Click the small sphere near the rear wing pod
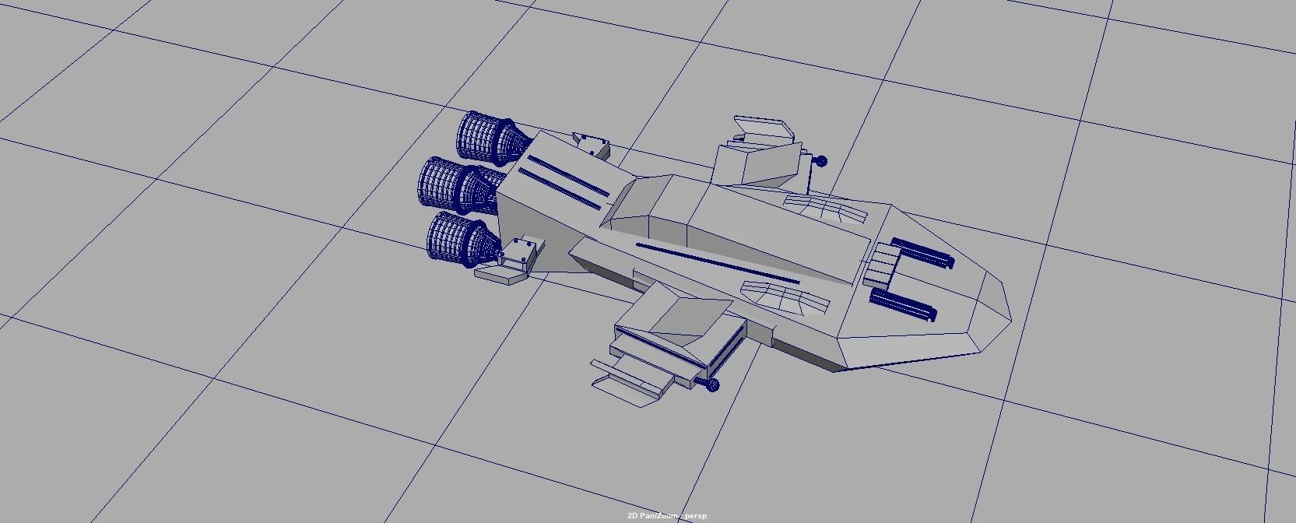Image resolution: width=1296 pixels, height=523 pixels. coord(820,161)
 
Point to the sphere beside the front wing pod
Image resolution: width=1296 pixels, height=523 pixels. coord(713,384)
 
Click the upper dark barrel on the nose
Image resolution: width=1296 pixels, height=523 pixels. coord(923,252)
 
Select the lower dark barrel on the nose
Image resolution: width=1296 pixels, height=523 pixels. coord(904,304)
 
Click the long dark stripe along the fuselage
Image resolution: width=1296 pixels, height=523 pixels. coord(716,263)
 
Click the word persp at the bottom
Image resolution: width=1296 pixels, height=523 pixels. coord(695,516)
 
